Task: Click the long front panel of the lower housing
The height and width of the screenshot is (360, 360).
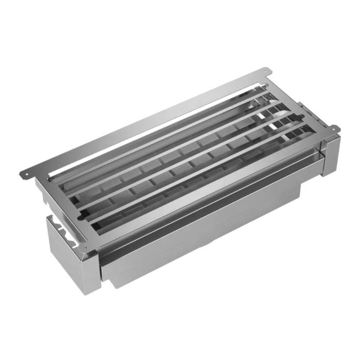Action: tap(206, 237)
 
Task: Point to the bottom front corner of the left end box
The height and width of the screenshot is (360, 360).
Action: tap(96, 291)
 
